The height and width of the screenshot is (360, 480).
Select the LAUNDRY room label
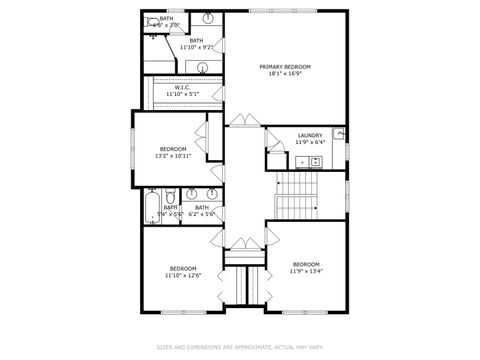[x=309, y=135]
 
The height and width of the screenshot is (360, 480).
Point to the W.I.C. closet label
[x=182, y=87]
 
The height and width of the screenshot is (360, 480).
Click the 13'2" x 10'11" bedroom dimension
[x=173, y=155]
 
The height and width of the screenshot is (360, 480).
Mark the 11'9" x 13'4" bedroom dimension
[x=305, y=270]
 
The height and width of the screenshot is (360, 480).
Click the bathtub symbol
[x=150, y=207]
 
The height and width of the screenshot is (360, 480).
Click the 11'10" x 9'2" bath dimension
[x=196, y=47]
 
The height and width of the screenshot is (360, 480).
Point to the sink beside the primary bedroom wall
[x=210, y=19]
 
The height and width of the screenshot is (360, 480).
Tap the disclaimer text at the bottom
[x=239, y=348]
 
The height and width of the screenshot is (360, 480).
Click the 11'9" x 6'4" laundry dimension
[x=309, y=142]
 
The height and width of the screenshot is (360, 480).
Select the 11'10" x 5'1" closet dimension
[x=182, y=94]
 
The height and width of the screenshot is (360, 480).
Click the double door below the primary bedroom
[x=243, y=121]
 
